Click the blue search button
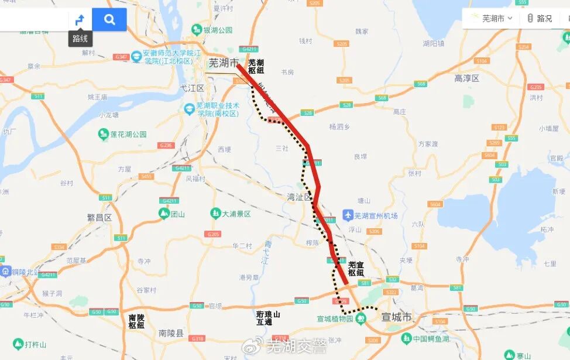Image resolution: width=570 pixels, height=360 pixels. click(x=109, y=19)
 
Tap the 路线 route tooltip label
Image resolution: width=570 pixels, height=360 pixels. click(x=80, y=39)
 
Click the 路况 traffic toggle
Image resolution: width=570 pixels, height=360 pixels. click(x=539, y=18)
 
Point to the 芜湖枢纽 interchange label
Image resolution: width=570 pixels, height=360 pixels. click(x=256, y=66)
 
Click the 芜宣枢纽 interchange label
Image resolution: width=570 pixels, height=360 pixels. click(x=356, y=269)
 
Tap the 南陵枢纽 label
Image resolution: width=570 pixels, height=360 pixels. click(x=136, y=321)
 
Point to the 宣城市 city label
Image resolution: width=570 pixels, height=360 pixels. click(x=396, y=317)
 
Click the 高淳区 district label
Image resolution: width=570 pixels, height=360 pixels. click(x=466, y=78)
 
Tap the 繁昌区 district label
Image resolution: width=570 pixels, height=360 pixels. click(x=99, y=217)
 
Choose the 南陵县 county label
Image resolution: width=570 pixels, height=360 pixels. click(x=171, y=333)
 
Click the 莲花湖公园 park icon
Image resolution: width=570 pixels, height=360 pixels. click(x=103, y=134)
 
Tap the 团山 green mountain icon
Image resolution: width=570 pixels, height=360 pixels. click(x=164, y=214)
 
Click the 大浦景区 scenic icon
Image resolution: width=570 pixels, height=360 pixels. click(x=215, y=214)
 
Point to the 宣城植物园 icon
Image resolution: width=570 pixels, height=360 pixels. click(x=362, y=318)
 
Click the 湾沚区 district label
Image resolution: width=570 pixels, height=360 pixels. click(x=300, y=197)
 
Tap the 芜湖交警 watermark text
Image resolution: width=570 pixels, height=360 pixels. click(x=296, y=346)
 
